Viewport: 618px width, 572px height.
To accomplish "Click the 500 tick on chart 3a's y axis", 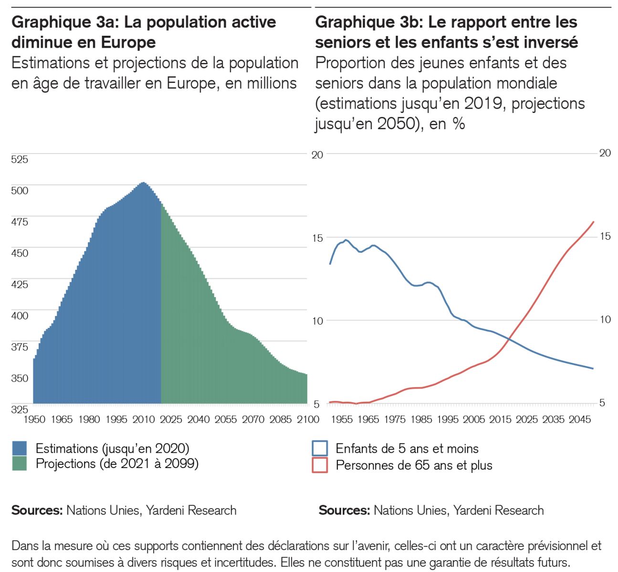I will click(20, 191).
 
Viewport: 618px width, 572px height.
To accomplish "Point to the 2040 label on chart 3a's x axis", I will click(198, 419).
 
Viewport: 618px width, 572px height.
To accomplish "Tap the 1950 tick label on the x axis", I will click(34, 419).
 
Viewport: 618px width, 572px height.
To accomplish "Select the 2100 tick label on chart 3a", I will click(308, 419).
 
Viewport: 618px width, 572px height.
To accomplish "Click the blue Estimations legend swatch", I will click(20, 448).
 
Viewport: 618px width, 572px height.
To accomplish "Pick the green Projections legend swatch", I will click(20, 463).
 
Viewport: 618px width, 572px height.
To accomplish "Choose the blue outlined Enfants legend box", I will click(320, 449).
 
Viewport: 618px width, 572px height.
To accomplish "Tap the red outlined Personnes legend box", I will click(320, 465).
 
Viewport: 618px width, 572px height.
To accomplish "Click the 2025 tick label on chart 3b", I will click(526, 419).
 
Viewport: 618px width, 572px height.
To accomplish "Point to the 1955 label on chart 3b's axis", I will click(341, 419).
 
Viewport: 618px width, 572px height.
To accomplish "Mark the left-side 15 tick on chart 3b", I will click(317, 238).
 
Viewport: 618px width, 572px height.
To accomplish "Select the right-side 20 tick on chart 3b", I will click(605, 153).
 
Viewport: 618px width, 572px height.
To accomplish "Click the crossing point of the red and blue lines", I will click(509, 339).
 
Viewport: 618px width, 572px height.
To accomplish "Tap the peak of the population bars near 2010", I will click(143, 183).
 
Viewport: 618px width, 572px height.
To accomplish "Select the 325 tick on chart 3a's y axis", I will click(20, 409).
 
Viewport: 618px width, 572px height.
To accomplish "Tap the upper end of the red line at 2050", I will click(593, 222).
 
